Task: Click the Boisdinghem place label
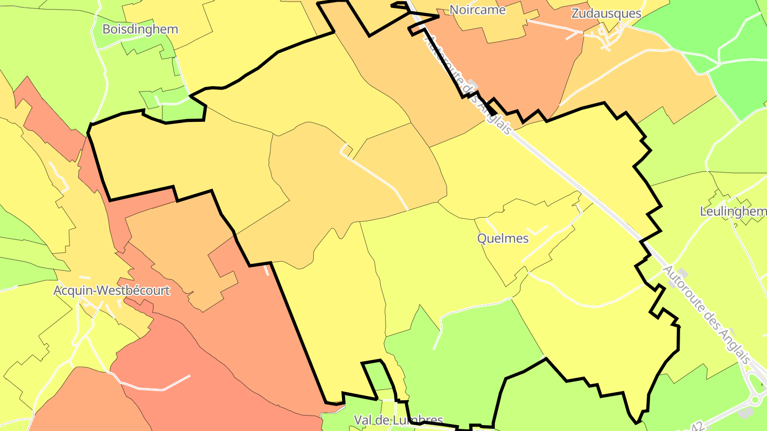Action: click(140, 29)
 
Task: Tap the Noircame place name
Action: click(477, 10)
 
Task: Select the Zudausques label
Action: click(606, 13)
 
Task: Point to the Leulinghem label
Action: click(733, 212)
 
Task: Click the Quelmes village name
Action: click(503, 238)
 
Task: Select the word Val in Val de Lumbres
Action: click(364, 420)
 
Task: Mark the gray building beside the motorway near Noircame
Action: click(470, 82)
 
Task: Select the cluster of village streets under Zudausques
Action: click(605, 37)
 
